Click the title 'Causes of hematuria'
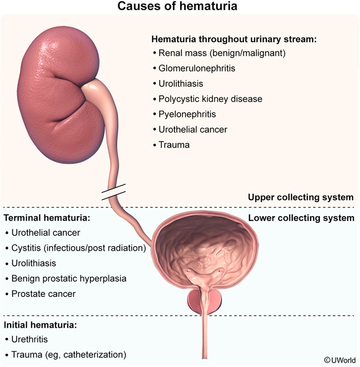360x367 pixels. coord(179,7)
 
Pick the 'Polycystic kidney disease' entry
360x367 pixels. coord(211,99)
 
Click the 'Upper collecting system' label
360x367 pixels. coord(300,197)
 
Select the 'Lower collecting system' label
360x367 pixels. coord(301,218)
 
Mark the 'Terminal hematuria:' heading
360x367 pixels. coord(47,218)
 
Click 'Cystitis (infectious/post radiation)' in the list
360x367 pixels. coord(79,248)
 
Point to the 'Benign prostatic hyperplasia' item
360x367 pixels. coord(68,278)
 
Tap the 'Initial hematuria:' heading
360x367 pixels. coord(41,325)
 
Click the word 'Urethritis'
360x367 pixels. coord(31,340)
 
